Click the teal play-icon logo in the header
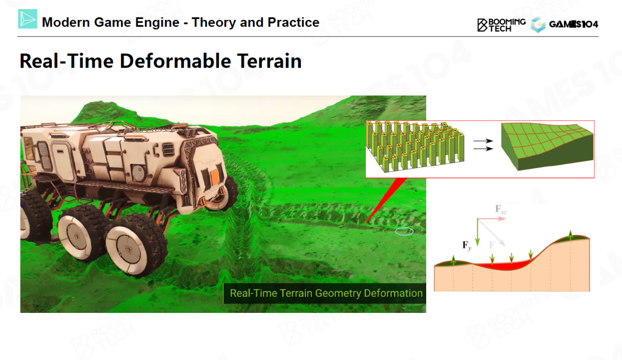point(28,19)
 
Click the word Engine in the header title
point(157,22)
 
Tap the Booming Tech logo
point(501,25)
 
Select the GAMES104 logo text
point(574,24)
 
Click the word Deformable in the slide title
point(175,61)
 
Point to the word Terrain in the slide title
point(269,61)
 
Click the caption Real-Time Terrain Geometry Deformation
point(326,293)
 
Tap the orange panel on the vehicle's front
point(214,178)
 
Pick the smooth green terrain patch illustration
point(547,146)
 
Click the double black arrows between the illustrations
point(483,145)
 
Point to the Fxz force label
point(501,209)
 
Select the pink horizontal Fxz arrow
point(491,219)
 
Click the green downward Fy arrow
point(477,232)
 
